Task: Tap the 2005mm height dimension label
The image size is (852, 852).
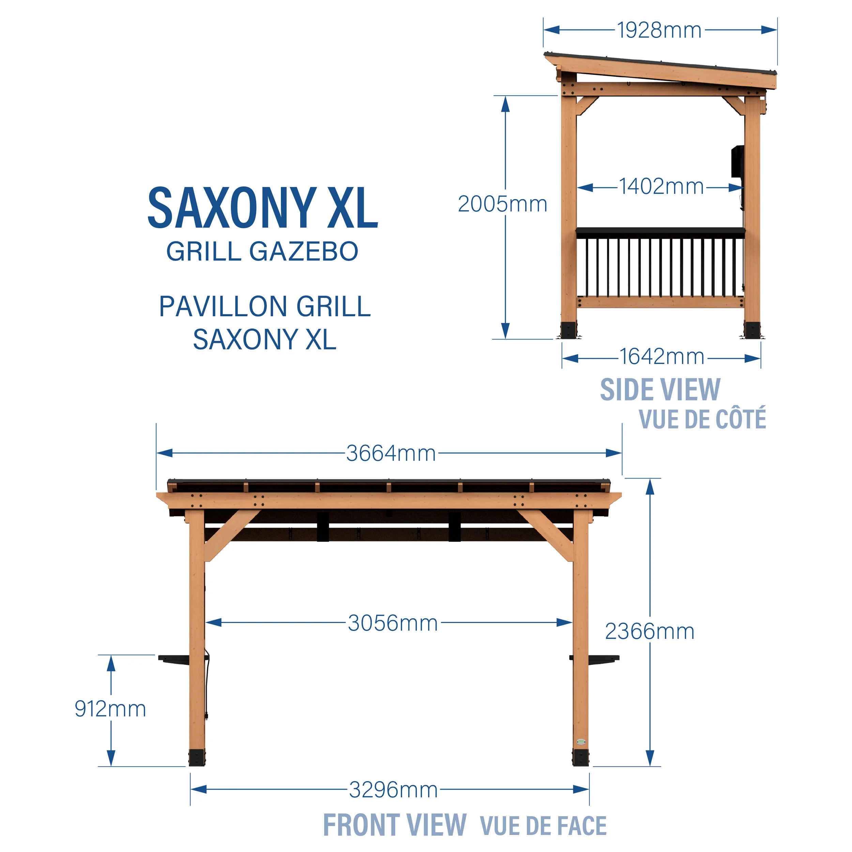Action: tap(502, 204)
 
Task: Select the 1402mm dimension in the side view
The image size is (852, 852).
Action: tap(661, 186)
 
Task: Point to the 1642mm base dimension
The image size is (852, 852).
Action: tap(661, 357)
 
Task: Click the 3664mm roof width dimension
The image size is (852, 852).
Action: tap(391, 453)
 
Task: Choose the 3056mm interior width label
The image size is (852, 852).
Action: tap(393, 623)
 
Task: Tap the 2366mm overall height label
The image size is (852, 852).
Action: tap(650, 631)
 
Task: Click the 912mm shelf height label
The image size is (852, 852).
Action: tap(110, 709)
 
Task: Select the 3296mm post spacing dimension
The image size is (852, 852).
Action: tap(393, 789)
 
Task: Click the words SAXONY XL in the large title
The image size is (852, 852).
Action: tap(263, 208)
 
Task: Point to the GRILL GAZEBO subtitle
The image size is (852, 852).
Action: tap(262, 252)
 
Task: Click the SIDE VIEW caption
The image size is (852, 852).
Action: tap(660, 390)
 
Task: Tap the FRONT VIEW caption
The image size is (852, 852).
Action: tap(395, 824)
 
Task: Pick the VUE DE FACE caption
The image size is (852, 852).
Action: tap(543, 825)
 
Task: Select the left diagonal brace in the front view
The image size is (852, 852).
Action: tap(231, 535)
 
